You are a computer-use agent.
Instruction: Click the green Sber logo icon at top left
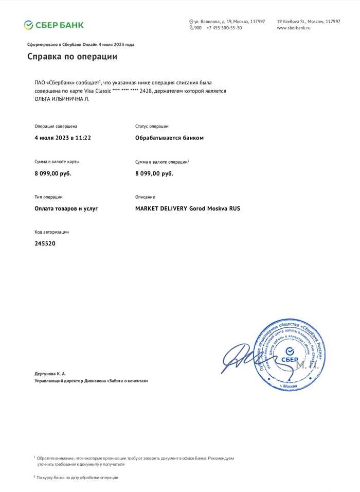click(x=29, y=25)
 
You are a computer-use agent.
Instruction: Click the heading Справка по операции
click(x=72, y=57)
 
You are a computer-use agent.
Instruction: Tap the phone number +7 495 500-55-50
click(x=224, y=28)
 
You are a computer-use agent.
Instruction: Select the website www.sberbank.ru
click(x=294, y=28)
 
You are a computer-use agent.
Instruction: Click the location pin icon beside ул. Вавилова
click(x=191, y=22)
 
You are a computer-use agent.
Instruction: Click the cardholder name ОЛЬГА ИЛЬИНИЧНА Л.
click(x=59, y=99)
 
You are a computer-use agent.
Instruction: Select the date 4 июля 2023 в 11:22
click(x=63, y=138)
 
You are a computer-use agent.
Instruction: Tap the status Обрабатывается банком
click(x=169, y=138)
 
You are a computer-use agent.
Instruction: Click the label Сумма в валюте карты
click(x=57, y=162)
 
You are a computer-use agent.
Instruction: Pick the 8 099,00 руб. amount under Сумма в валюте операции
click(x=154, y=173)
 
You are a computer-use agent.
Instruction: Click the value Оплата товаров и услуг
click(x=66, y=208)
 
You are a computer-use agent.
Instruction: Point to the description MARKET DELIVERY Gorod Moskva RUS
click(x=187, y=208)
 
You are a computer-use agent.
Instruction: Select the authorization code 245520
click(x=45, y=243)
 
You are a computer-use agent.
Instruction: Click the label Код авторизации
click(x=51, y=232)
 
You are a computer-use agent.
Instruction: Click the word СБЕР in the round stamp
click(x=291, y=352)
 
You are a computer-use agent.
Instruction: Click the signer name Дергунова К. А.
click(x=50, y=373)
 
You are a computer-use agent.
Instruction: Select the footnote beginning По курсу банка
click(x=77, y=478)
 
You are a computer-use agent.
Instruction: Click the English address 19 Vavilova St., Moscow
click(x=308, y=22)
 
